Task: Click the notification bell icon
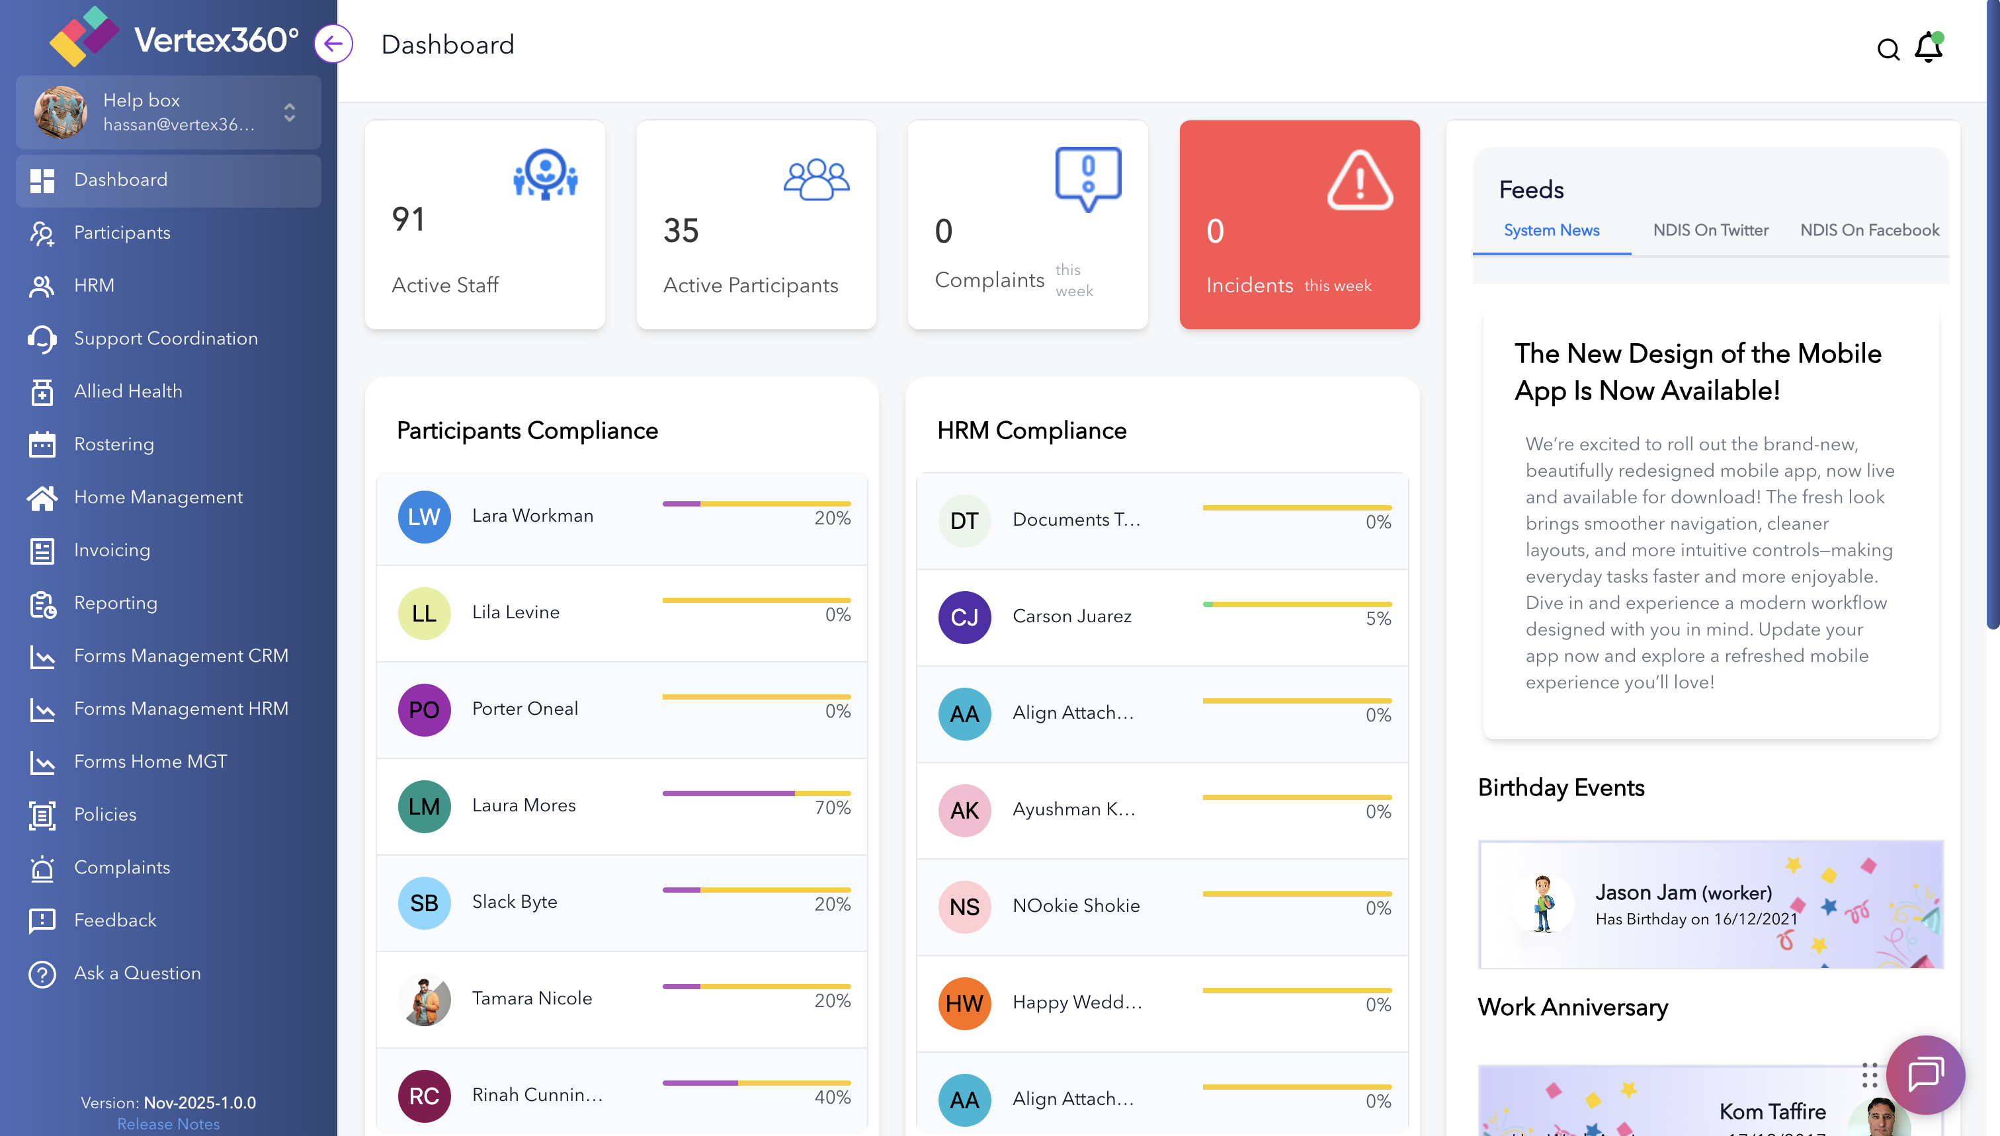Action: coord(1928,48)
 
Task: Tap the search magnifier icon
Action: coord(1888,49)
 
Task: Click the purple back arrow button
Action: coord(333,44)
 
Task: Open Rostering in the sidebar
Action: coord(114,444)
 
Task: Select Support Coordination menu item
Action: coord(165,338)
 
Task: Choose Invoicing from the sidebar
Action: coord(112,550)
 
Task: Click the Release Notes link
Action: coord(168,1123)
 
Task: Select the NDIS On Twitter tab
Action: coord(1710,230)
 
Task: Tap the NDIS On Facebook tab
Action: coord(1869,230)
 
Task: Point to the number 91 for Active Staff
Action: coord(408,220)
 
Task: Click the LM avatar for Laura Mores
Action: coord(424,806)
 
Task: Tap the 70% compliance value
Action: coord(832,807)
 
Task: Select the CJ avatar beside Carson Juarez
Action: coord(964,617)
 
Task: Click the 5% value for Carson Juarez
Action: coord(1378,619)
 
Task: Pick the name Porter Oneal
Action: coord(524,708)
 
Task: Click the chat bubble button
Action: coord(1925,1075)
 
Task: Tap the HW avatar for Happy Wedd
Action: coord(964,1003)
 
